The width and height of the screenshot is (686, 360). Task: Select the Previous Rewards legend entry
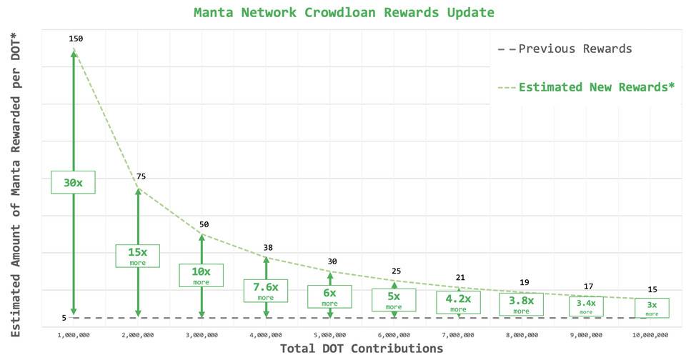[565, 49]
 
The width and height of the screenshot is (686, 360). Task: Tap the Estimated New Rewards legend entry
[586, 87]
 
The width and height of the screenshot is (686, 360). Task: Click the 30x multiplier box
[73, 182]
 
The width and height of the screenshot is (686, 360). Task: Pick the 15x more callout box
[137, 256]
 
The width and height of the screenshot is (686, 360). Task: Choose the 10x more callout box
[202, 275]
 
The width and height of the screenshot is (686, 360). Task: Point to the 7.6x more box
[265, 290]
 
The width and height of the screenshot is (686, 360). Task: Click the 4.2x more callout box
[458, 302]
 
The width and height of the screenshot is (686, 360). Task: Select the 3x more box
[652, 308]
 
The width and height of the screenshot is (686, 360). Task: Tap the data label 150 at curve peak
[76, 39]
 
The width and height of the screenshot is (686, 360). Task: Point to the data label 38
[268, 248]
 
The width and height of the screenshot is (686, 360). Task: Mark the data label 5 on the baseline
[64, 318]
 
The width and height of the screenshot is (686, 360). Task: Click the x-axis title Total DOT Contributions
[362, 349]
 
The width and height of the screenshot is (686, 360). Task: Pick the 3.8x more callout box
[522, 305]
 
